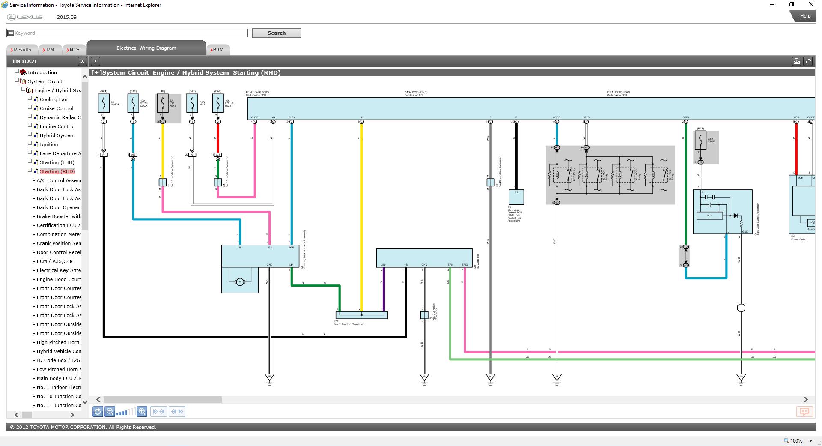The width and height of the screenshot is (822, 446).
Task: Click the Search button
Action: tap(276, 33)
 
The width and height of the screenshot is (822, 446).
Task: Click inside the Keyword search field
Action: tap(128, 33)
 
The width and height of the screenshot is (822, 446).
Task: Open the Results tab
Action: tap(22, 50)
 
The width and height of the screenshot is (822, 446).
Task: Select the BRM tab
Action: tap(218, 50)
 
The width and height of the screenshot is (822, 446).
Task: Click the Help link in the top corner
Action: tap(805, 16)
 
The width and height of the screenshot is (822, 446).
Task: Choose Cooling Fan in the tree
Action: tap(54, 99)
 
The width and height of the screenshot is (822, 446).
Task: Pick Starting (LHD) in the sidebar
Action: tap(57, 162)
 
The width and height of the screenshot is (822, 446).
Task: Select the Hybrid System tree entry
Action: tap(57, 135)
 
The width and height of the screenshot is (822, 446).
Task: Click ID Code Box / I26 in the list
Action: tap(58, 360)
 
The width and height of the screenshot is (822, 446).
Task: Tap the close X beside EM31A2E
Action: tap(83, 61)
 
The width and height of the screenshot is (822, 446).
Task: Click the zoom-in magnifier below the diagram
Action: tap(142, 411)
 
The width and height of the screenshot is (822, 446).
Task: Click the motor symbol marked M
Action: tap(240, 281)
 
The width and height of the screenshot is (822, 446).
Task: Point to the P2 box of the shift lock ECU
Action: tap(516, 197)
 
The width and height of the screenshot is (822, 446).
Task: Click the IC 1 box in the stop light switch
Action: tap(709, 216)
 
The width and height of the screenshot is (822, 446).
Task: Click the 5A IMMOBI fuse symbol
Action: tap(104, 103)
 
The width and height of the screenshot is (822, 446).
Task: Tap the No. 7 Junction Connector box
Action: tap(361, 315)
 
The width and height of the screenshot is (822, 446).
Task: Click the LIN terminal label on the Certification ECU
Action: tap(361, 117)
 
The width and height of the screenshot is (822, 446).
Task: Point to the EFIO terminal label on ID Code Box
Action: tap(465, 265)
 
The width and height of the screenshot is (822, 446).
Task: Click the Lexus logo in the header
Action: tap(25, 17)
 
